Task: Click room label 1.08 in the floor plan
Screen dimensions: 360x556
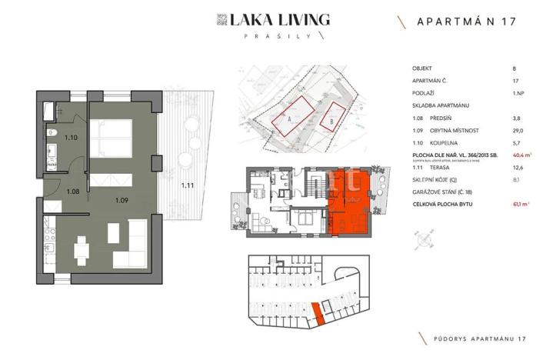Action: pyautogui.click(x=73, y=192)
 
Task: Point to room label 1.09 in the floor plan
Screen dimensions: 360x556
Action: pyautogui.click(x=121, y=201)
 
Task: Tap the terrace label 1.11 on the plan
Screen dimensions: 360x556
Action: pyautogui.click(x=187, y=185)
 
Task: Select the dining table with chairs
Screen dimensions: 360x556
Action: pyautogui.click(x=81, y=248)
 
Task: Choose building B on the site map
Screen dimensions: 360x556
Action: pyautogui.click(x=332, y=118)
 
